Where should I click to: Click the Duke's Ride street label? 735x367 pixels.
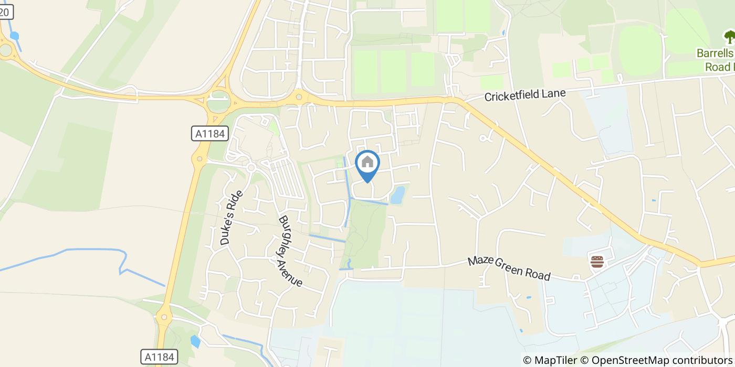tap(232, 218)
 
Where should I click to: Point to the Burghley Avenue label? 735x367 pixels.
tap(290, 251)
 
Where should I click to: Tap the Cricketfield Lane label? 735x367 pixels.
tap(524, 95)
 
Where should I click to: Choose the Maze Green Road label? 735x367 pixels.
tap(509, 267)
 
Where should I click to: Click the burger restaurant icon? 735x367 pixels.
tap(597, 262)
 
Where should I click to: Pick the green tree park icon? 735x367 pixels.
tap(729, 37)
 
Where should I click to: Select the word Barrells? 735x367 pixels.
tap(714, 53)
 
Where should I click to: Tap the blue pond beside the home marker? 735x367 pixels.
tap(398, 195)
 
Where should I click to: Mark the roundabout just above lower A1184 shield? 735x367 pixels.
tap(163, 317)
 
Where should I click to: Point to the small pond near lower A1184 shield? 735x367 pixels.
tap(195, 342)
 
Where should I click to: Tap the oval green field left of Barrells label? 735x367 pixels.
tap(639, 49)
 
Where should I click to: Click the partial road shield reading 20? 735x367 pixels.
tap(5, 13)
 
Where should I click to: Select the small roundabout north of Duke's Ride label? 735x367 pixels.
tap(251, 167)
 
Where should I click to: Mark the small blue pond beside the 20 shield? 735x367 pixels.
tap(14, 36)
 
